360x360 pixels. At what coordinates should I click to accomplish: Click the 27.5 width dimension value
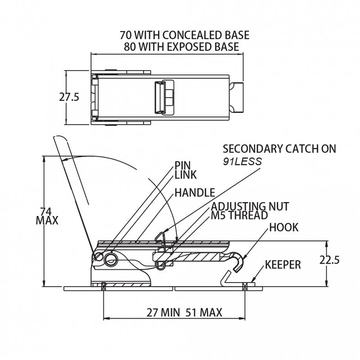click(69, 97)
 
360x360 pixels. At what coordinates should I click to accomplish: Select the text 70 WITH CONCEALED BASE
click(184, 35)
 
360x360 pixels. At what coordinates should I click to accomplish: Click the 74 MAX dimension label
click(47, 216)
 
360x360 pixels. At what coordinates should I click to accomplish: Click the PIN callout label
click(183, 166)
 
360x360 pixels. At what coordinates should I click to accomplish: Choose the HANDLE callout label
click(194, 193)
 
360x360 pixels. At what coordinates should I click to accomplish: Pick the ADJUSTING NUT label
click(250, 207)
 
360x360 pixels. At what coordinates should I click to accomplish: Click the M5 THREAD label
click(239, 216)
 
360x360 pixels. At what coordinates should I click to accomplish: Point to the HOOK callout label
click(283, 227)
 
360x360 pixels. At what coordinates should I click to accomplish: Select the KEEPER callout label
click(283, 265)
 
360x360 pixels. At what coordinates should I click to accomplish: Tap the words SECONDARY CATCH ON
click(279, 149)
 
